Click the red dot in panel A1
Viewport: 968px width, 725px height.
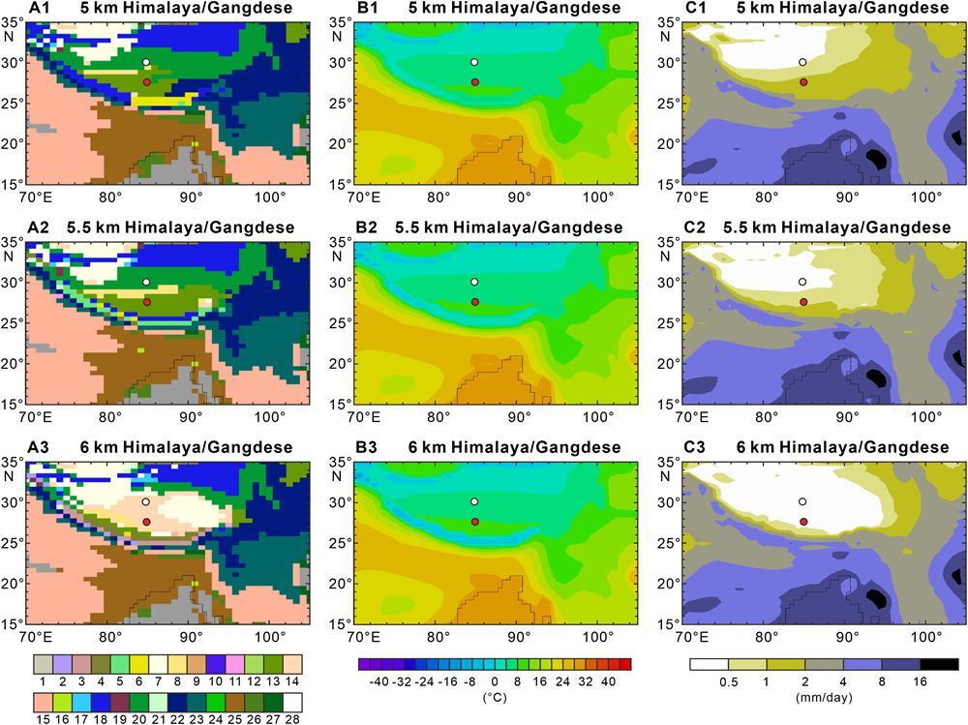(x=147, y=82)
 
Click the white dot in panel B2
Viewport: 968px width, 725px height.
(x=474, y=283)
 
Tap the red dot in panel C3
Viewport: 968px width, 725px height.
(x=803, y=522)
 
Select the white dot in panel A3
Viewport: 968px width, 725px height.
(x=146, y=502)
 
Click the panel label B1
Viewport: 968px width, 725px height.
(x=367, y=8)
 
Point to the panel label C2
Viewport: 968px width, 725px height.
(x=695, y=227)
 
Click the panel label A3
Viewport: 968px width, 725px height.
(x=39, y=446)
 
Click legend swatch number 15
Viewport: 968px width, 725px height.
(x=43, y=702)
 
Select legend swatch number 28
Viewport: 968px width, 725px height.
(x=292, y=702)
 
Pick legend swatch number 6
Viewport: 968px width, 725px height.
(x=138, y=664)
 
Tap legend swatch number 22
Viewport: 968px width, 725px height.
(x=215, y=702)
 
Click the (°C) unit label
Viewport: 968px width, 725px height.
(x=494, y=698)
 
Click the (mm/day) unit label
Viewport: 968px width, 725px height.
(x=824, y=698)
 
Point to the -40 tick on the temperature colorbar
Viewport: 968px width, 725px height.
(x=379, y=681)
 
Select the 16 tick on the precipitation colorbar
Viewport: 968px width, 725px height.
(x=920, y=681)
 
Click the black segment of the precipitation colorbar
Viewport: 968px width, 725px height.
(x=940, y=664)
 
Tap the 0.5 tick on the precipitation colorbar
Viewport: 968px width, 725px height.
(x=729, y=681)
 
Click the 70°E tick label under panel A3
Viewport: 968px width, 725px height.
(x=35, y=637)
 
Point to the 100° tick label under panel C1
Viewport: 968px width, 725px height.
(x=926, y=197)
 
